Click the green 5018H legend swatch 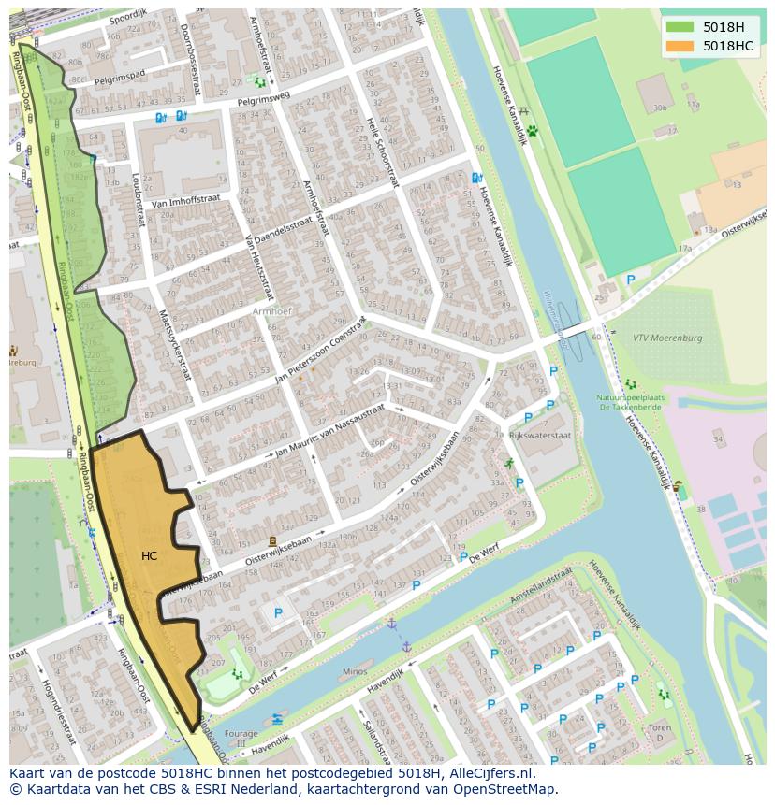(680, 26)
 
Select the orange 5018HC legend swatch (680, 46)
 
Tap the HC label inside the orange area (149, 556)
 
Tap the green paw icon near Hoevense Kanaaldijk (533, 132)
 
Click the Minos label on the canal (355, 671)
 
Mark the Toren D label (660, 732)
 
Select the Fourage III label (241, 739)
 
